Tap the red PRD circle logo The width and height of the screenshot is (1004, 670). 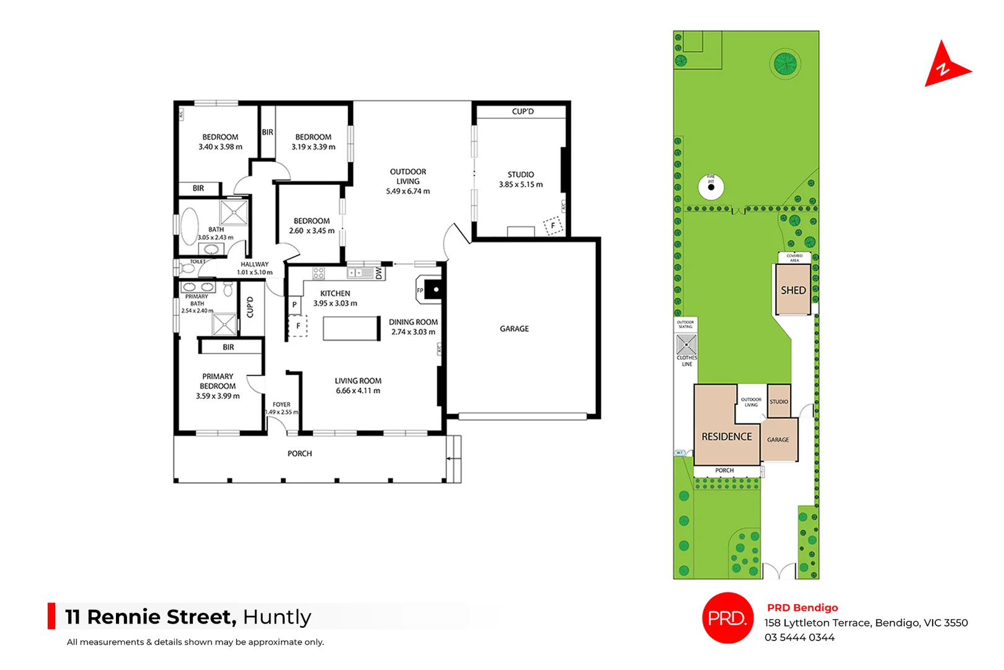tap(727, 618)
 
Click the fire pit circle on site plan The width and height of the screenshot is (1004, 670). tap(711, 187)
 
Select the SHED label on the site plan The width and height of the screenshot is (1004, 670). tap(793, 290)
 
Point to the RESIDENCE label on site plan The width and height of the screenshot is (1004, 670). tap(726, 437)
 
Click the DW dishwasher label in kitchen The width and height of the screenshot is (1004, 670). tap(379, 273)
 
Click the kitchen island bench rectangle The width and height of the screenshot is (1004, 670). tap(351, 328)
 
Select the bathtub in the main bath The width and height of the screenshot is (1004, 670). tap(189, 226)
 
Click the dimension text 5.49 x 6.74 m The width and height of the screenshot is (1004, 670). tap(407, 191)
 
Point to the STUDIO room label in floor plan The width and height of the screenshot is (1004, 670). tap(520, 175)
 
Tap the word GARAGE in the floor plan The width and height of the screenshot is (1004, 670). tap(514, 329)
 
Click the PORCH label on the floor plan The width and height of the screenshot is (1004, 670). tap(300, 454)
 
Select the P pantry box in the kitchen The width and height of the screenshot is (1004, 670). tap(295, 305)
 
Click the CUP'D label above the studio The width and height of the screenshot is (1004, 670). tap(522, 112)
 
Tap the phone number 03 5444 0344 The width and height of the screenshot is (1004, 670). tap(799, 638)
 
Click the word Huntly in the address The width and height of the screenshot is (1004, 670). tap(277, 617)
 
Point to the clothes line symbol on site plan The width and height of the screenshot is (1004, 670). tap(686, 344)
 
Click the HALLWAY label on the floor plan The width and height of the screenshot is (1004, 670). tap(254, 264)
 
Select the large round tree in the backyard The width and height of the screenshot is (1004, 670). tap(784, 63)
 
